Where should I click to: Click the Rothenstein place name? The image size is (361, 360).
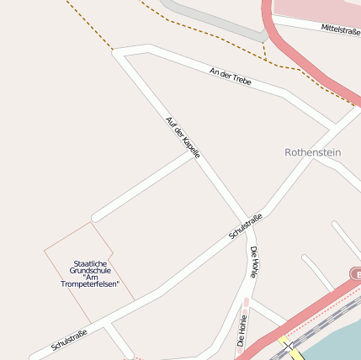tap(312, 152)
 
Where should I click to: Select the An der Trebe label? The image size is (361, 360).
tap(231, 77)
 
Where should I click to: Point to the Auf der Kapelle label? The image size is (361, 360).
tap(183, 137)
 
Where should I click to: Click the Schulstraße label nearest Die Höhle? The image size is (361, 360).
tap(246, 226)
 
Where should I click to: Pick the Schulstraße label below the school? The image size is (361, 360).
tap(69, 339)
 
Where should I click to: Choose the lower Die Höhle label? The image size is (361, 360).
tap(242, 331)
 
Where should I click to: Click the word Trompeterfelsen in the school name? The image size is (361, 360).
tap(90, 283)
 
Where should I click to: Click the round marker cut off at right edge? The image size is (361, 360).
tap(355, 274)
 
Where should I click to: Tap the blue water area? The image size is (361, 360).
tap(337, 341)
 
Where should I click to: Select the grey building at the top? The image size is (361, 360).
tap(215, 19)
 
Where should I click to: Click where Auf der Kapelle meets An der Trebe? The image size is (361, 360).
tap(119, 52)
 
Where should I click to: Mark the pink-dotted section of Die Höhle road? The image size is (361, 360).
tap(246, 304)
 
